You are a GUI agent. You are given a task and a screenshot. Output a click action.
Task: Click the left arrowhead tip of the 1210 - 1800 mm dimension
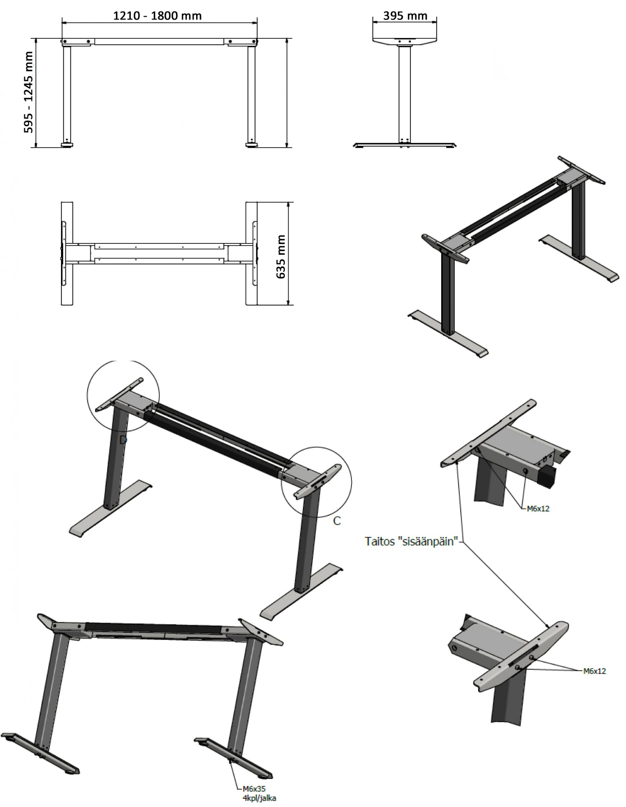click(x=62, y=23)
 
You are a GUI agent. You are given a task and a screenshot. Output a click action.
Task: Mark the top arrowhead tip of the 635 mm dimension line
click(x=288, y=202)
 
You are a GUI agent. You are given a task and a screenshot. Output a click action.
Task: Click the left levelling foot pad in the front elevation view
click(x=67, y=145)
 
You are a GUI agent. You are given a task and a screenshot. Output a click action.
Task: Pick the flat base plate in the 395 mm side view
click(x=405, y=144)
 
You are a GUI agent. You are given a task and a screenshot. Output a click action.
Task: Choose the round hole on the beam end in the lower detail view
click(x=454, y=648)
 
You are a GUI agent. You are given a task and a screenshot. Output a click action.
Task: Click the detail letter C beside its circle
click(x=337, y=521)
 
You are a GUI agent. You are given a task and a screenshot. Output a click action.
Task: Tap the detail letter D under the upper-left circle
click(x=123, y=440)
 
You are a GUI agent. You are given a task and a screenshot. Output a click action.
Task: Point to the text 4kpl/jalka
click(x=259, y=798)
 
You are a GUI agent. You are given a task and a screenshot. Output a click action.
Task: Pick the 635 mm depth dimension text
click(x=281, y=256)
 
